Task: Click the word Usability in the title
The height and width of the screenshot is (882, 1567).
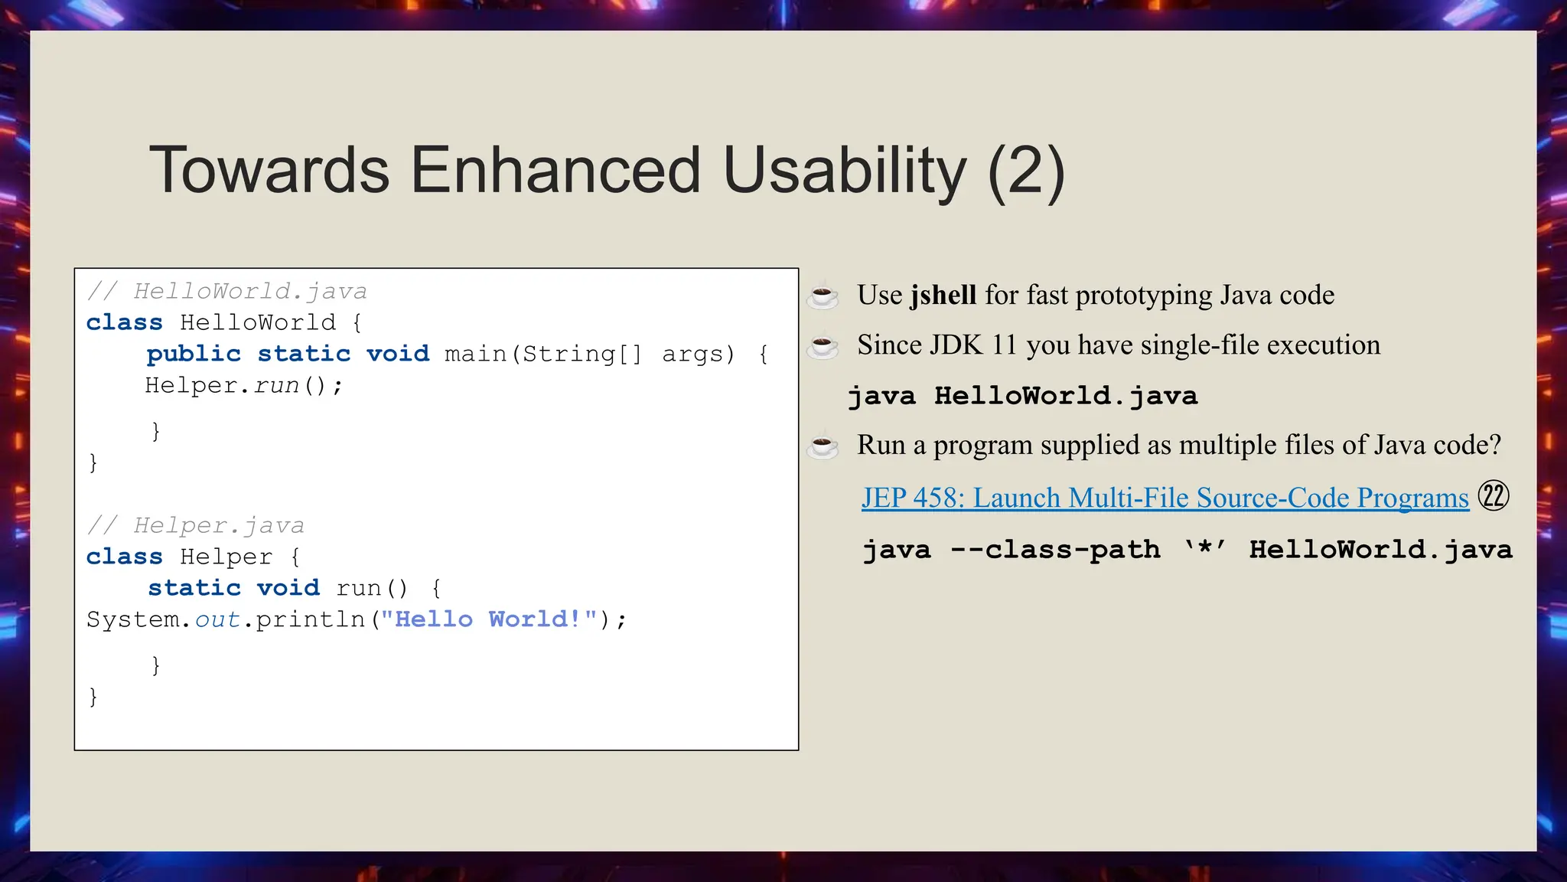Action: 845,170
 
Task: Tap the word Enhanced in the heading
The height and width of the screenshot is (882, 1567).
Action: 555,170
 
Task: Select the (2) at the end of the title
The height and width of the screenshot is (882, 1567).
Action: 1026,171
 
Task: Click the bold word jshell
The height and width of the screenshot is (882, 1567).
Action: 943,296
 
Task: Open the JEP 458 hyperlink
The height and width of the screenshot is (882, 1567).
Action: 1165,498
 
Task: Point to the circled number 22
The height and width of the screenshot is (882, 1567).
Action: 1493,496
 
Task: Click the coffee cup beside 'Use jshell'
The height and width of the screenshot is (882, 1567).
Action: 823,296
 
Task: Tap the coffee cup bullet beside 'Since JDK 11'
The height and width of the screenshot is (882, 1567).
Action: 823,346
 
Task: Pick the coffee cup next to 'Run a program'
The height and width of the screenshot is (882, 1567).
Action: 823,446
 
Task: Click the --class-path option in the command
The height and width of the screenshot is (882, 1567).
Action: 1055,550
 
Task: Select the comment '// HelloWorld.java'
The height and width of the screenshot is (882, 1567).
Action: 226,291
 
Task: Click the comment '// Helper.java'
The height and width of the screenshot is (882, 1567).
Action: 195,525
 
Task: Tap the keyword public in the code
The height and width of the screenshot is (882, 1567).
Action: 194,354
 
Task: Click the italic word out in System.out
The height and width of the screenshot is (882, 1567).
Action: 217,619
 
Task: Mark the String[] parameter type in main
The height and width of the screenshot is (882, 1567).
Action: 582,354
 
